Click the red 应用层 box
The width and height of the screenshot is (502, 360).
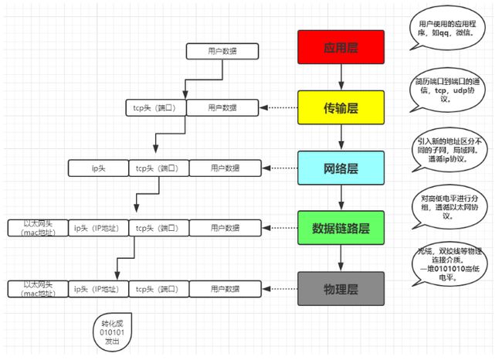tap(341, 47)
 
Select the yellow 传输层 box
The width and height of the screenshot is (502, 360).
tap(341, 107)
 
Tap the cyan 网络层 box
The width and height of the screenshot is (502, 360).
tap(341, 168)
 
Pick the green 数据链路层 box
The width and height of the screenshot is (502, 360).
tap(341, 228)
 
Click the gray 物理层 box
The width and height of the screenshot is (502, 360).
tap(341, 288)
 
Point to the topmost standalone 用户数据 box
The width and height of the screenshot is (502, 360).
tap(222, 52)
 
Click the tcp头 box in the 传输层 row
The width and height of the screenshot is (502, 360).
tap(154, 107)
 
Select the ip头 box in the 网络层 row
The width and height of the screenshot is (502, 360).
tap(98, 168)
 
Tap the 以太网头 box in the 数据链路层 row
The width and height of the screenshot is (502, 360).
tap(37, 228)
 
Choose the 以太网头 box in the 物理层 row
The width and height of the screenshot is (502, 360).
tap(37, 288)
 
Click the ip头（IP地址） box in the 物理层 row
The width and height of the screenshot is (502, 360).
tap(98, 288)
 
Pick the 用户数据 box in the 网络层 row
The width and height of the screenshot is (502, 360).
tap(224, 168)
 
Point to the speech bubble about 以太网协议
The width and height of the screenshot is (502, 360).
tap(448, 209)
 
